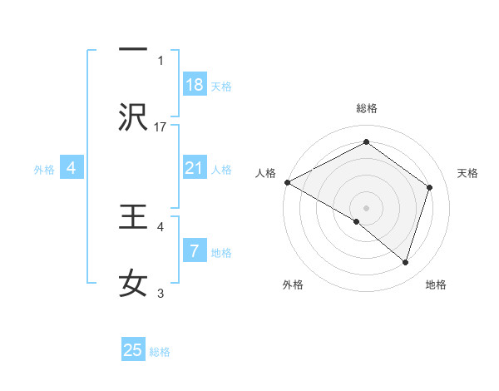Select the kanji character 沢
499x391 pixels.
coord(133,117)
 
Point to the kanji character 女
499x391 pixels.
coord(133,284)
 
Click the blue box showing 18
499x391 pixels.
coord(195,84)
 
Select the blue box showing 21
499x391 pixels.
coord(195,167)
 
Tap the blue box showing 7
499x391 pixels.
coord(195,250)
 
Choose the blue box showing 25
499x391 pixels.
coord(133,350)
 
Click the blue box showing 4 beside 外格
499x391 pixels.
coord(72,168)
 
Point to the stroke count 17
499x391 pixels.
coord(161,126)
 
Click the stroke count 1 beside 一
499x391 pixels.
coord(161,60)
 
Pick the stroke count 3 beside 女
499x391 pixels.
coord(161,293)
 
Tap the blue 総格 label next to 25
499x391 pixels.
coord(161,352)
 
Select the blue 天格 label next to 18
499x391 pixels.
coord(221,86)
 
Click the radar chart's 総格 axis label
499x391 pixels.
coord(367,108)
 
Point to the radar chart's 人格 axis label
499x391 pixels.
coord(266,173)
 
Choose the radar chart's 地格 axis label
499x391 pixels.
coord(436,285)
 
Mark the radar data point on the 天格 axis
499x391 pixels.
coord(430,187)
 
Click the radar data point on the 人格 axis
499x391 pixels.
coord(287,182)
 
